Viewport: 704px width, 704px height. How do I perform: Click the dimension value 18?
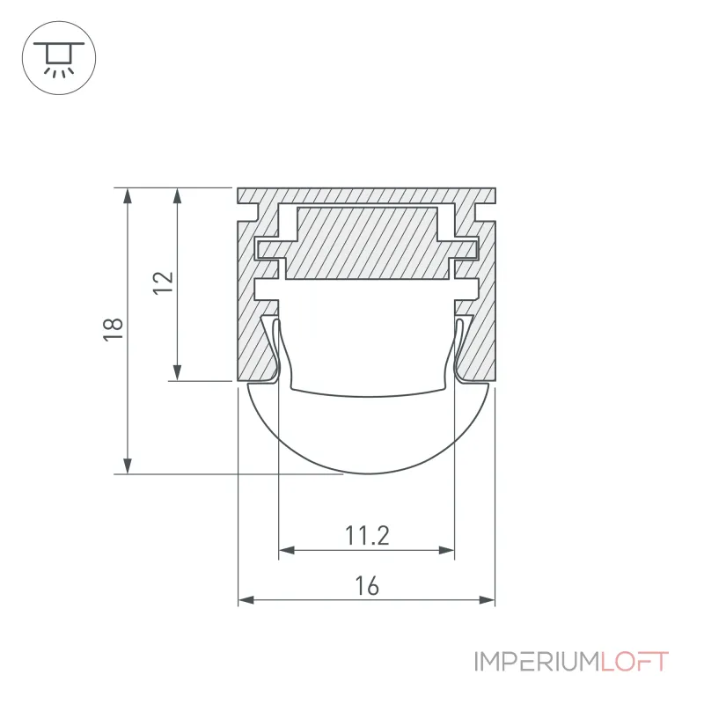[x=114, y=329]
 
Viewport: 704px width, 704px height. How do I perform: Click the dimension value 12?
[x=164, y=282]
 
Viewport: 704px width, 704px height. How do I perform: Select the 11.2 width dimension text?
[x=367, y=535]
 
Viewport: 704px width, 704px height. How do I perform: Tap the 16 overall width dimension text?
[x=367, y=586]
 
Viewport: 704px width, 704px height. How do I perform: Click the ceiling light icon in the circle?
[x=59, y=58]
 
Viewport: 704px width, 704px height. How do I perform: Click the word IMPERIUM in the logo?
[x=537, y=662]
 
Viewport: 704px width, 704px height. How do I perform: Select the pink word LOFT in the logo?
[x=634, y=662]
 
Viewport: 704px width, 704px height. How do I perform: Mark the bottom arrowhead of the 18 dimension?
[x=128, y=466]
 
